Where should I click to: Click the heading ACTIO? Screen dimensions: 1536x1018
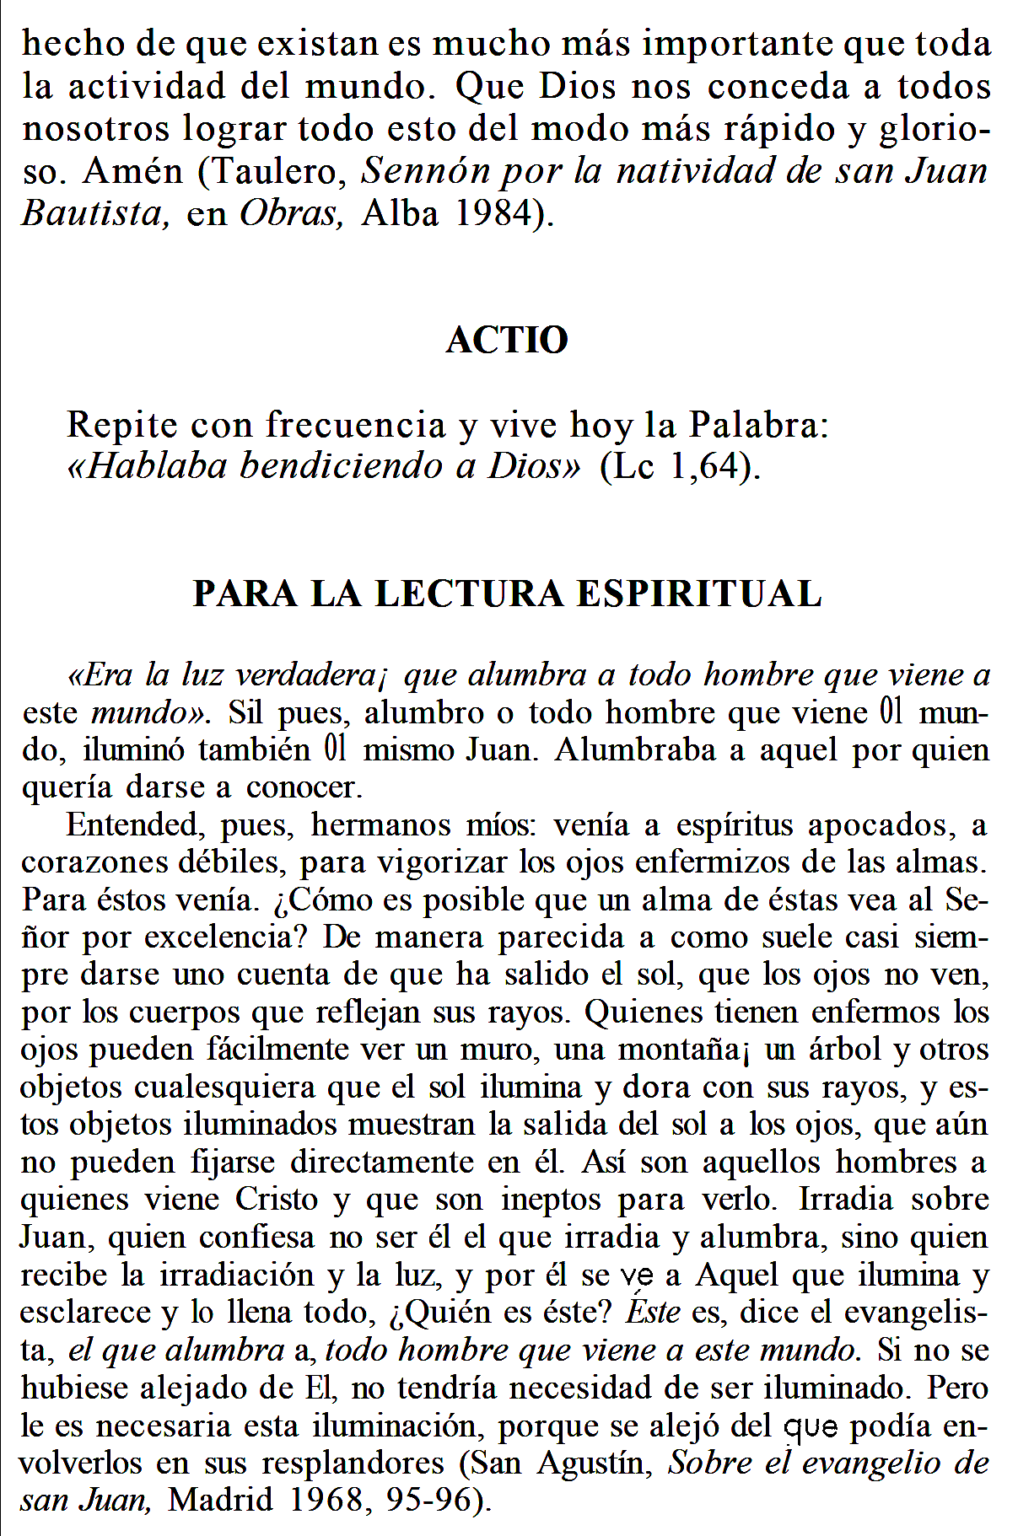point(507,340)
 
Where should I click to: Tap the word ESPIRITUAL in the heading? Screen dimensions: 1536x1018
point(699,593)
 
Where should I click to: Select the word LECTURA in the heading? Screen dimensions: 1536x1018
point(469,593)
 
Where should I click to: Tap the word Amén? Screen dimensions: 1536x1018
point(132,172)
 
